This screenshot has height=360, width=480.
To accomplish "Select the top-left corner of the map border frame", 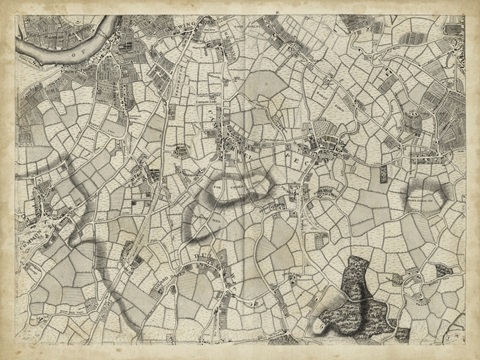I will coord(16,15).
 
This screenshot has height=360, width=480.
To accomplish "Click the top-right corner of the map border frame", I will coord(465,15).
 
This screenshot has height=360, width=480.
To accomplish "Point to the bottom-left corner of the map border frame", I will coord(16,345).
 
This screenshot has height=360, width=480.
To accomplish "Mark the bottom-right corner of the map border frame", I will coord(465,345).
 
